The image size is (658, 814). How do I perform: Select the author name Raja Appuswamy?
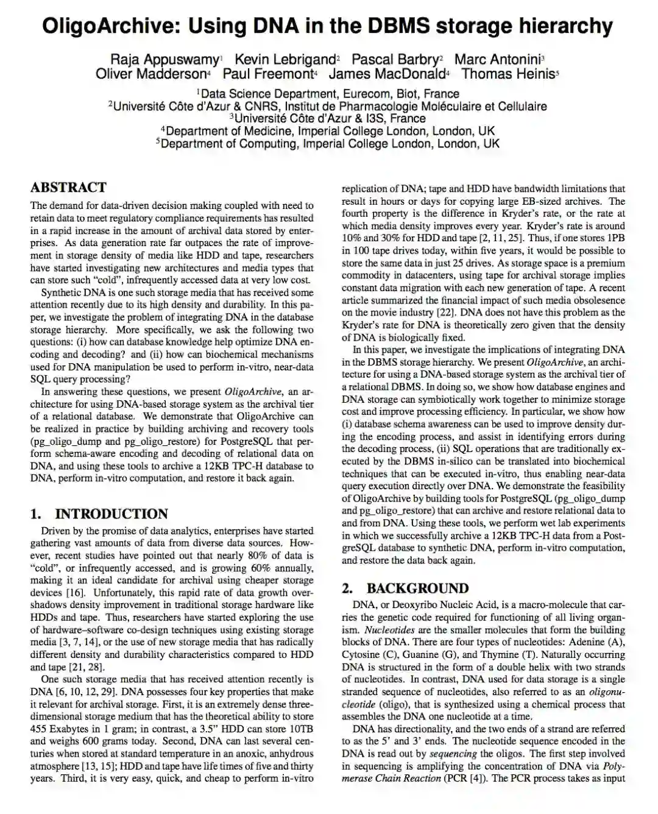pyautogui.click(x=164, y=59)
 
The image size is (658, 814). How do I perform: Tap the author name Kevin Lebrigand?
pyautogui.click(x=285, y=59)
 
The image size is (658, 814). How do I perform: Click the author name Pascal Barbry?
pyautogui.click(x=395, y=59)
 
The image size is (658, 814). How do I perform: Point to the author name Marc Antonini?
pyautogui.click(x=497, y=59)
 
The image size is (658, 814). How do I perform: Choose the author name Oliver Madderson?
pyautogui.click(x=150, y=74)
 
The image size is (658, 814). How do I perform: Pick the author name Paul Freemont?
pyautogui.click(x=267, y=74)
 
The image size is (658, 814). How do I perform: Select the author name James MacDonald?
pyautogui.click(x=387, y=74)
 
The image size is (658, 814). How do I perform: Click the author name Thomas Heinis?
pyautogui.click(x=508, y=74)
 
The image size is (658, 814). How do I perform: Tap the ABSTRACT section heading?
pyautogui.click(x=68, y=188)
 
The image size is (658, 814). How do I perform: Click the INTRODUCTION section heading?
pyautogui.click(x=111, y=514)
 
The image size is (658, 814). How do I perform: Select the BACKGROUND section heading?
pyautogui.click(x=417, y=588)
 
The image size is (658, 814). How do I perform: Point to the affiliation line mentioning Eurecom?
pyautogui.click(x=329, y=94)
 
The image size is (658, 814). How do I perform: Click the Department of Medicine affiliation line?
pyautogui.click(x=329, y=131)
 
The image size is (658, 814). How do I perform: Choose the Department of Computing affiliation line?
pyautogui.click(x=329, y=144)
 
